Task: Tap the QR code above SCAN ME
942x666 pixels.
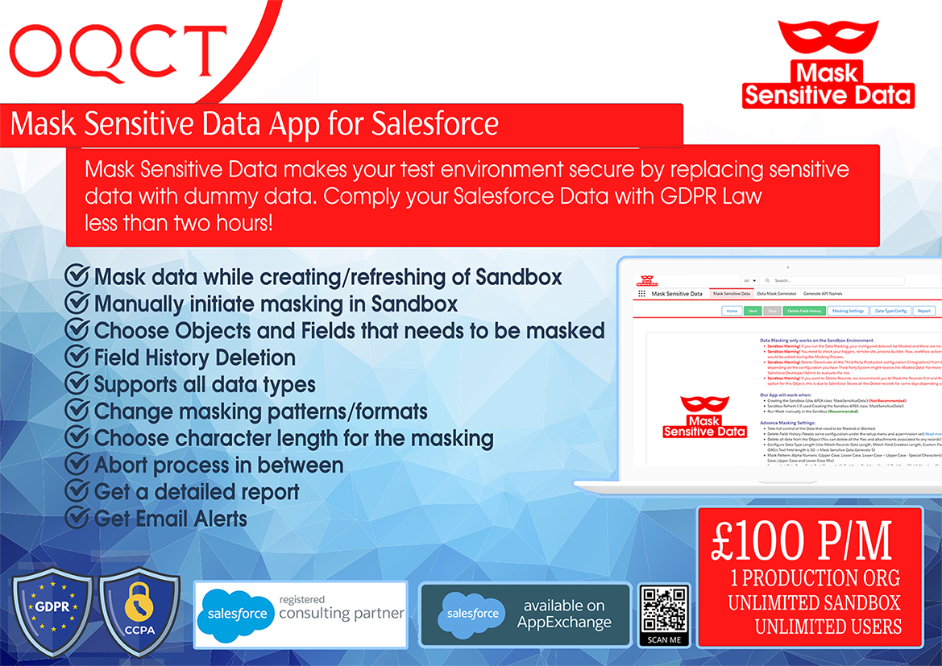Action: (664, 610)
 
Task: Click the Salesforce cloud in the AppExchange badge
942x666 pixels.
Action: (474, 614)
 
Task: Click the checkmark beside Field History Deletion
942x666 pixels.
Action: (77, 357)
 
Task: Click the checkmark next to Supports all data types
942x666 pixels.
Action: (77, 384)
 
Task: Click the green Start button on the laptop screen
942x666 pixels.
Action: (753, 310)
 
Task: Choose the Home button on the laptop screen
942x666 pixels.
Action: (732, 310)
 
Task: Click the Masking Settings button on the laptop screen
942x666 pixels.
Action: (847, 310)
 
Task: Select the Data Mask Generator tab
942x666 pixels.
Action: (776, 294)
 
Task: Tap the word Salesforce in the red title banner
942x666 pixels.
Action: (435, 125)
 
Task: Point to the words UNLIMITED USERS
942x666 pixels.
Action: (828, 626)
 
